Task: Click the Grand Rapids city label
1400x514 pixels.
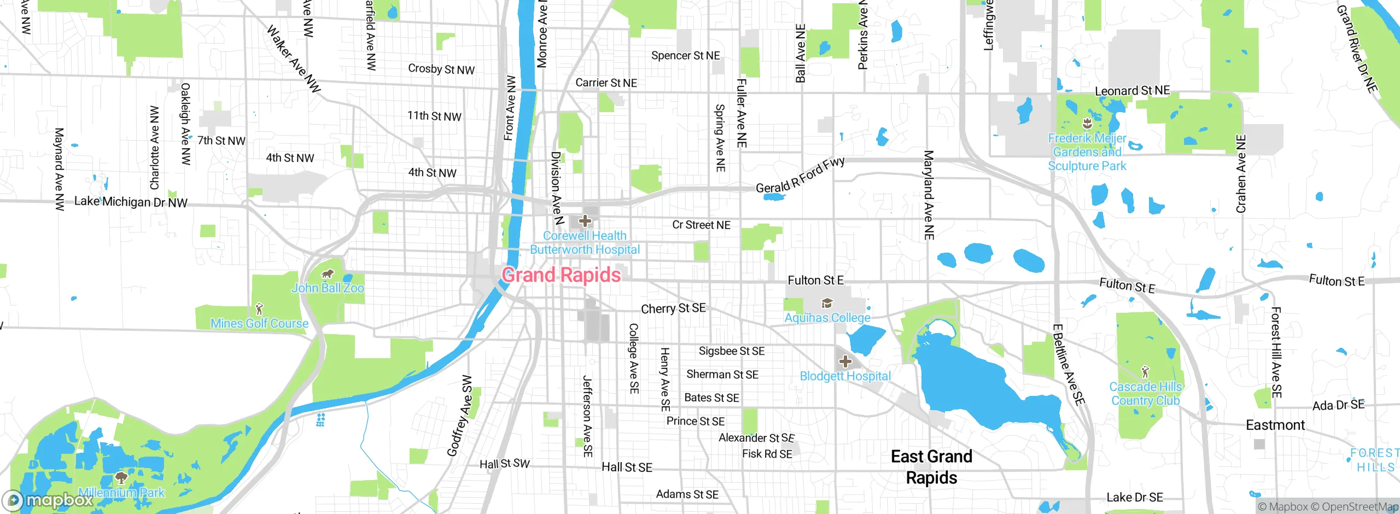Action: [x=561, y=274]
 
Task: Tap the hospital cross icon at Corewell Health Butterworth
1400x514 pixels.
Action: [x=585, y=221]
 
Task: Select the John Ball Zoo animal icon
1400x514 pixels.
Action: [x=327, y=274]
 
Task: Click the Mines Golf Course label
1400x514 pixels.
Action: [x=259, y=323]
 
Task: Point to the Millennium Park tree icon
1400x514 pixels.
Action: [x=121, y=478]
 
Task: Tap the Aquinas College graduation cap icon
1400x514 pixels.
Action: [x=827, y=303]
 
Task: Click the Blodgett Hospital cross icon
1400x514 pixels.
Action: [x=845, y=361]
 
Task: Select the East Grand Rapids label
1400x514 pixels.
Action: [x=931, y=466]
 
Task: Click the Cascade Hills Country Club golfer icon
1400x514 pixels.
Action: [x=1145, y=372]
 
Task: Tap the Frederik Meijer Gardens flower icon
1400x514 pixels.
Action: [x=1087, y=124]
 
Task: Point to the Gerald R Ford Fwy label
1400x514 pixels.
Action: [x=800, y=176]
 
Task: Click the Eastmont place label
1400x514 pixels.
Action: [x=1275, y=425]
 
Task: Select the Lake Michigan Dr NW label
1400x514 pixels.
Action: [x=130, y=202]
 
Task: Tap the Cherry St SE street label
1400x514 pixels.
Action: [x=673, y=308]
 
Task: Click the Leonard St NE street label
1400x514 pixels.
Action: [x=1132, y=90]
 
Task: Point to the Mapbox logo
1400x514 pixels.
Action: [x=48, y=500]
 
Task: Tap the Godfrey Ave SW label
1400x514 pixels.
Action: [x=459, y=416]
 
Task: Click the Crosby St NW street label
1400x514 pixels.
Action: [x=441, y=69]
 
